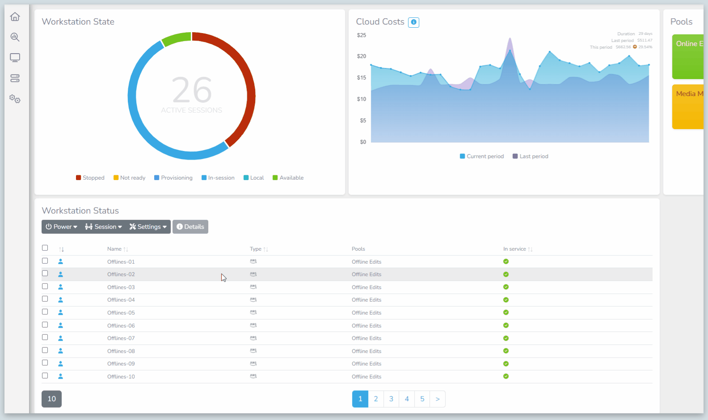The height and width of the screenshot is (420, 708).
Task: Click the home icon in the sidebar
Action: pos(15,17)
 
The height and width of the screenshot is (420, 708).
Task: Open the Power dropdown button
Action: pos(61,227)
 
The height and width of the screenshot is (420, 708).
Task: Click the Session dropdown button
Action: pos(103,227)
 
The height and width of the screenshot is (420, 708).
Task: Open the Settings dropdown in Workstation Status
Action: pos(148,227)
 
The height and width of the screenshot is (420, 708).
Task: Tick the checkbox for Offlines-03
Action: pos(45,286)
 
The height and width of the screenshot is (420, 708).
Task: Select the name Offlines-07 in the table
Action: pos(121,338)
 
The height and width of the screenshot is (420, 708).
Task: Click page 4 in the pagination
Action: pos(407,399)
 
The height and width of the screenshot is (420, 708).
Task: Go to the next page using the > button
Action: pos(438,399)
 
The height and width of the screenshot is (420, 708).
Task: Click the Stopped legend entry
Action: pos(90,178)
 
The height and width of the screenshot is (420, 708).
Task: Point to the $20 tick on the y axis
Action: pos(362,56)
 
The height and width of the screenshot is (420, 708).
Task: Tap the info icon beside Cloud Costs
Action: pos(414,22)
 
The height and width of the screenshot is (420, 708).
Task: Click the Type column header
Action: pos(256,249)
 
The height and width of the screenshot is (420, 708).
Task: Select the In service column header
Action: pos(514,249)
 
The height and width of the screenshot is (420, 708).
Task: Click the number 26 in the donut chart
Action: pos(192,90)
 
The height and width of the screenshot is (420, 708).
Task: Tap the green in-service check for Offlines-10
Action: pos(506,376)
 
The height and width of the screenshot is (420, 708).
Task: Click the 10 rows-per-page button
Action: pos(52,399)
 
